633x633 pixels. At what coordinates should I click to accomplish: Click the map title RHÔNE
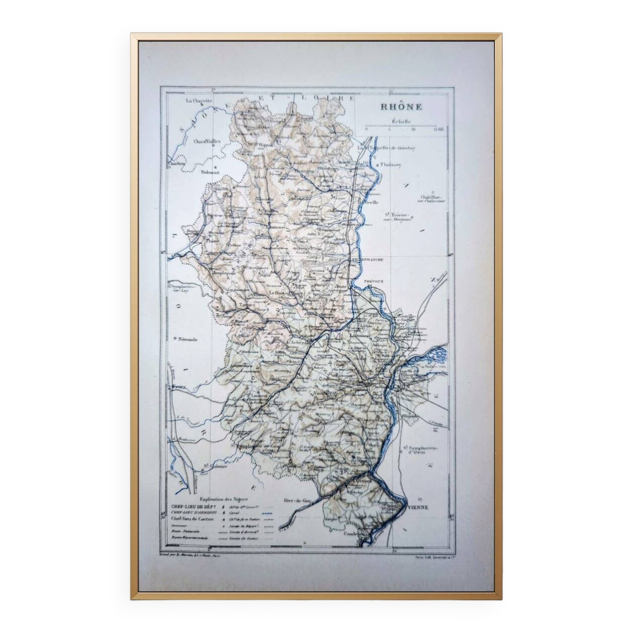[x=401, y=107]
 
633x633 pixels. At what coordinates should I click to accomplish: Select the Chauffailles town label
[x=207, y=142]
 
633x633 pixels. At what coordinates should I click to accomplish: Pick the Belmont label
[x=210, y=172]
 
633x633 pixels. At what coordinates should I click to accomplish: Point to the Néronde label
[x=188, y=339]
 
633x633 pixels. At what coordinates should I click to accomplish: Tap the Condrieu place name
[x=353, y=543]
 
